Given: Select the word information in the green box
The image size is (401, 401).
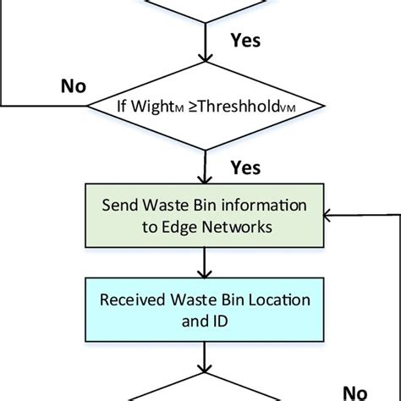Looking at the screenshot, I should [258, 206].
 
